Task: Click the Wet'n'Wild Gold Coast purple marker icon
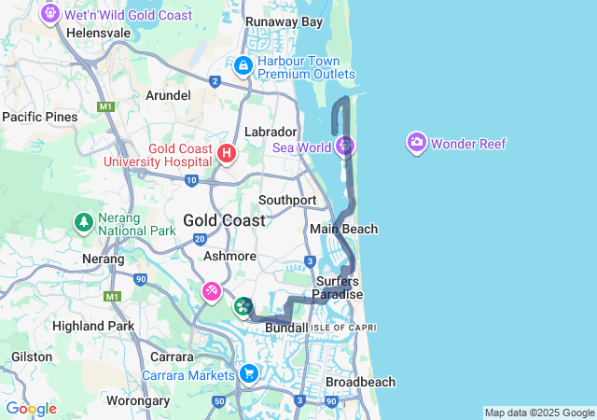point(49,14)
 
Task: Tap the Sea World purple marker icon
point(346,146)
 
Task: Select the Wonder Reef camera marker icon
point(416,143)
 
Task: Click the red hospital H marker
point(225,151)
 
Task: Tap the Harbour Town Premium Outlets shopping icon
point(243,65)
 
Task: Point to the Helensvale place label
point(99,32)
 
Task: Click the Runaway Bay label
point(284,21)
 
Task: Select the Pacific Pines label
point(40,117)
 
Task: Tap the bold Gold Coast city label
point(224,220)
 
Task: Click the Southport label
point(287,200)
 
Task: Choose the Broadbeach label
point(360,382)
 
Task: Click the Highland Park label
point(93,326)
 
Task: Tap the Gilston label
point(32,357)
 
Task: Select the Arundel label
point(169,95)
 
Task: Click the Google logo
point(31,409)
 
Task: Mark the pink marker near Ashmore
point(213,293)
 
